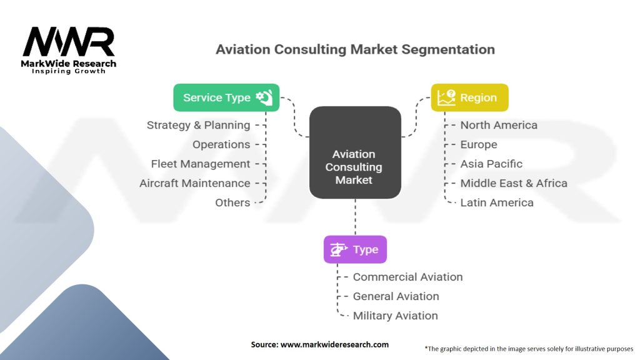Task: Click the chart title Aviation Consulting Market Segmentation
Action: (355, 49)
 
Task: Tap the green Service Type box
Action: (226, 97)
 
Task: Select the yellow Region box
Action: (470, 97)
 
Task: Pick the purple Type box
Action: (355, 249)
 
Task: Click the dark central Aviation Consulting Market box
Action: (354, 153)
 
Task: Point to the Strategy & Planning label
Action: (198, 125)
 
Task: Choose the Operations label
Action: (221, 144)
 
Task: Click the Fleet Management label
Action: (201, 164)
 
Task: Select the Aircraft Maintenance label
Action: (194, 183)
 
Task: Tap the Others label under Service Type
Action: (232, 202)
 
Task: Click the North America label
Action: (499, 125)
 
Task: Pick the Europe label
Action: (479, 144)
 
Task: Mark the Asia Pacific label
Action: (491, 164)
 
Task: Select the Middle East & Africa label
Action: (514, 183)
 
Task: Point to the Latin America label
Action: (497, 202)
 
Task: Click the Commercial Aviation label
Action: (407, 277)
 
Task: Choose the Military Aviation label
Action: (395, 316)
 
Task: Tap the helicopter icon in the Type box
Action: (338, 249)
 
